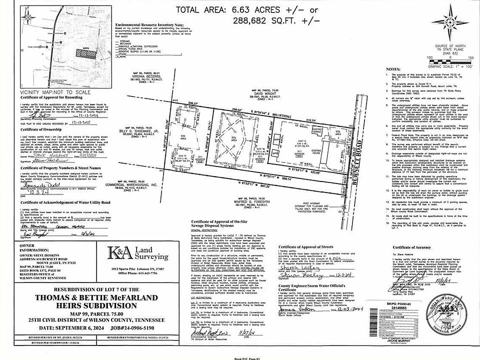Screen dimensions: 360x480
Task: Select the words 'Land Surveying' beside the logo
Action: tap(153, 253)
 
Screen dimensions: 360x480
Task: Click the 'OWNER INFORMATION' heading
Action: tap(28, 248)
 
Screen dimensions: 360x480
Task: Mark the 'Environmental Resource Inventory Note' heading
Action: tap(150, 24)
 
